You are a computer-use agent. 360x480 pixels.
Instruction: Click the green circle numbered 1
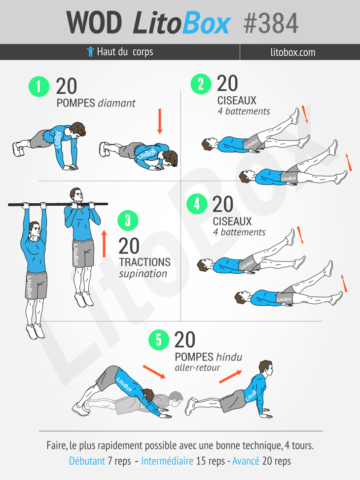[39, 87]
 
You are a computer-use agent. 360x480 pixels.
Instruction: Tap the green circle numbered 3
[128, 221]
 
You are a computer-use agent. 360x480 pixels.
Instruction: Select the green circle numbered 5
[159, 340]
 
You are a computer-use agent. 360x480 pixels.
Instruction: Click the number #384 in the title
[271, 23]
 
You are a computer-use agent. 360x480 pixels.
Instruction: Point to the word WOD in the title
[94, 23]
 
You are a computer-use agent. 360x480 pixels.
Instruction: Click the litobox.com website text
[292, 52]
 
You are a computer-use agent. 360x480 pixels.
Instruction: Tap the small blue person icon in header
[90, 51]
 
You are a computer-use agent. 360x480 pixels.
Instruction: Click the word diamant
[116, 103]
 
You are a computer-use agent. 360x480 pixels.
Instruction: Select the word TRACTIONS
[145, 262]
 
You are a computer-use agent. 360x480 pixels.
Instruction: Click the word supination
[144, 274]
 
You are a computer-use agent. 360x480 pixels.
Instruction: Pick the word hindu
[229, 357]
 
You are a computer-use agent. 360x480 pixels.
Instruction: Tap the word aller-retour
[197, 368]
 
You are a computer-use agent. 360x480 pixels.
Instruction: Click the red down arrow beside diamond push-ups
[159, 121]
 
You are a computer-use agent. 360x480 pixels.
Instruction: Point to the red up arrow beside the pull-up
[104, 244]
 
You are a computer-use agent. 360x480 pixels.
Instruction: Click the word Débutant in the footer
[87, 461]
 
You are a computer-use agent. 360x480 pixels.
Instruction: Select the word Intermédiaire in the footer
[167, 461]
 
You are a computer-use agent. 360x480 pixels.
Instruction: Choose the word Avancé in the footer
[246, 461]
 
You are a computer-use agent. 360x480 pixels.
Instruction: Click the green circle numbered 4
[197, 203]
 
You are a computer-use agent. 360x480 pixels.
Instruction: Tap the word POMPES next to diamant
[76, 103]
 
